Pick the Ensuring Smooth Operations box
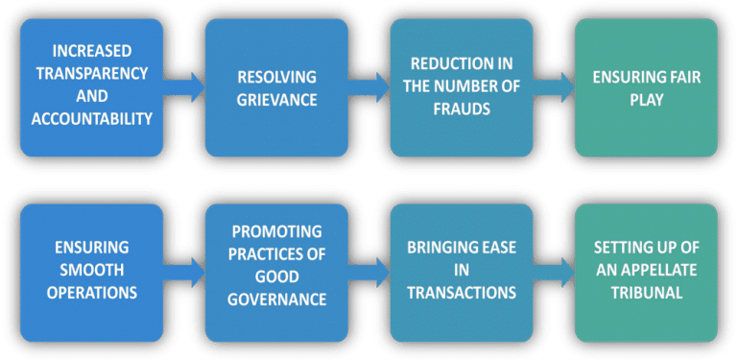pyautogui.click(x=90, y=273)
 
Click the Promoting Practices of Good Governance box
pyautogui.click(x=275, y=273)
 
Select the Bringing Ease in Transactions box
pyautogui.click(x=460, y=273)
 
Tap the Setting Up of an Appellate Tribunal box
pyautogui.click(x=645, y=273)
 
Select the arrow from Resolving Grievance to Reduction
pyautogui.click(x=368, y=88)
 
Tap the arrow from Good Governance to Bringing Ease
pyautogui.click(x=368, y=273)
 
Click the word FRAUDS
pyautogui.click(x=460, y=109)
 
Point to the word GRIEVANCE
pyautogui.click(x=275, y=99)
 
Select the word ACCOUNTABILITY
pyautogui.click(x=90, y=120)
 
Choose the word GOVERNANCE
pyautogui.click(x=277, y=300)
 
